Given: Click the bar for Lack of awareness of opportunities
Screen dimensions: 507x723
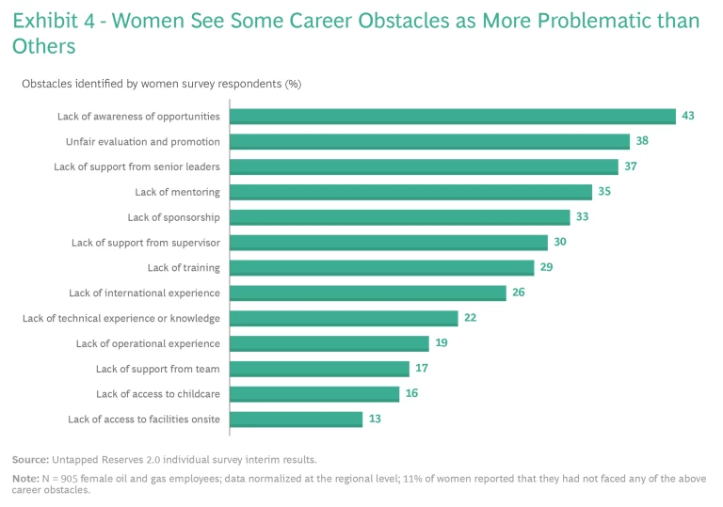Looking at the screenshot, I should [453, 117].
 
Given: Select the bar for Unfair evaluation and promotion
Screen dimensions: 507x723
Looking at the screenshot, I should [429, 142].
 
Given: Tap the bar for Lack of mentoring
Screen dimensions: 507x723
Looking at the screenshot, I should [411, 192].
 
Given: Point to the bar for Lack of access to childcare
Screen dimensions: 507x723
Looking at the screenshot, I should [314, 394].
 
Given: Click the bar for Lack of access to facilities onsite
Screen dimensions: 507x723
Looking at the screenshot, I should [297, 420].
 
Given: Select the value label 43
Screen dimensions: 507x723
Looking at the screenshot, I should [688, 116].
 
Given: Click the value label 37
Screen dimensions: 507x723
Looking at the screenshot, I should [631, 166].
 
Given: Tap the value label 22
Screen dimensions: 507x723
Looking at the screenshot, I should [470, 318].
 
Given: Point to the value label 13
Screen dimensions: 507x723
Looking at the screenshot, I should [375, 419].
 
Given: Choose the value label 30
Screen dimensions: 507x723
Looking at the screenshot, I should [559, 242].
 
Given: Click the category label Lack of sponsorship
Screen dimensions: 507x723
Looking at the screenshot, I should [173, 217].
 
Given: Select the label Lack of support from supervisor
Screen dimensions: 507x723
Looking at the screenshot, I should [145, 243].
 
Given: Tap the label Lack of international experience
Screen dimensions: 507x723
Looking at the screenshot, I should [144, 293].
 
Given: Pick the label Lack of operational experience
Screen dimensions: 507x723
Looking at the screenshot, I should [148, 343].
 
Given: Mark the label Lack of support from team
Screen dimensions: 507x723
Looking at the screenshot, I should [157, 369].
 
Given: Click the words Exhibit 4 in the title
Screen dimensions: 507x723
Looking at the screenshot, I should [55, 21].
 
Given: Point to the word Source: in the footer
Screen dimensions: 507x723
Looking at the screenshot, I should [31, 460].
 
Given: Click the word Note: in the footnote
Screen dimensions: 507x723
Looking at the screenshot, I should [25, 479].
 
